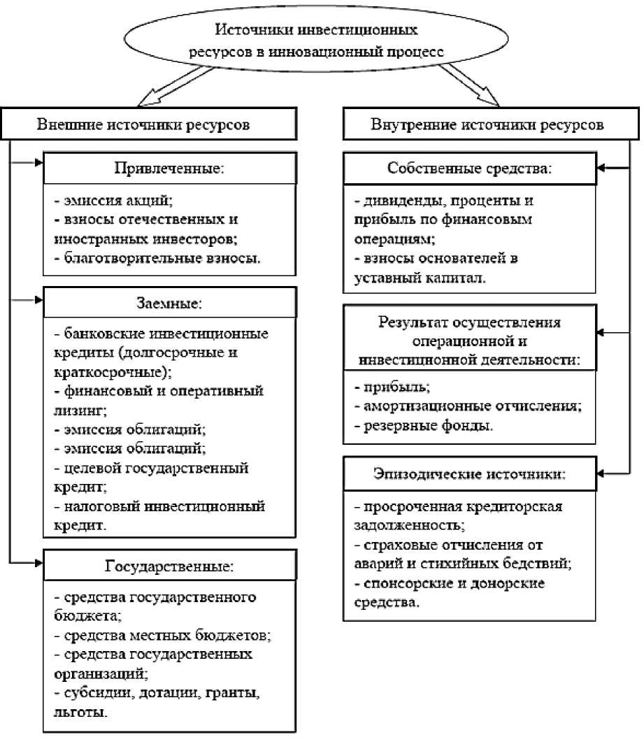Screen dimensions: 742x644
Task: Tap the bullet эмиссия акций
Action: point(113,200)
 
